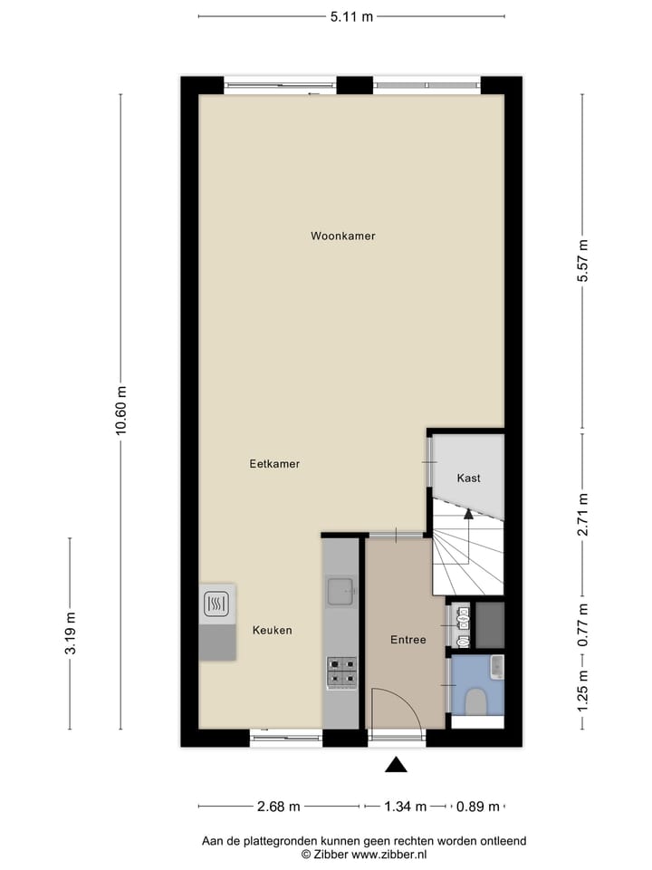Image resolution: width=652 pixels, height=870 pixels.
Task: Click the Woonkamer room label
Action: coord(342,236)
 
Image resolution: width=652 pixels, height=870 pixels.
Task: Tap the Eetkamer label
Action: coord(274,463)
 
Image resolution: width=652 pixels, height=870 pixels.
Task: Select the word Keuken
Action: coord(272,630)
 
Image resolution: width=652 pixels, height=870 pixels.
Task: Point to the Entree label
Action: coord(407,640)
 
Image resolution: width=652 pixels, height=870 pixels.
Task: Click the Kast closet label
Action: coord(468,478)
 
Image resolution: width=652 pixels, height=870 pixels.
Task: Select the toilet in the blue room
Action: coord(475,701)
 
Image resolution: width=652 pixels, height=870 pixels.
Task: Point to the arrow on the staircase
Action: coord(468,515)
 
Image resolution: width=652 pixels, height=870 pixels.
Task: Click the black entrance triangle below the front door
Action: coord(396,765)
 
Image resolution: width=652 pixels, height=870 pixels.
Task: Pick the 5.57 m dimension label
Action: coord(584,261)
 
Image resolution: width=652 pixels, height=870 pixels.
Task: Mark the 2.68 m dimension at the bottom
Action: coord(279,806)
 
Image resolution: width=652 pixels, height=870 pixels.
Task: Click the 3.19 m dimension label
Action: coord(71,633)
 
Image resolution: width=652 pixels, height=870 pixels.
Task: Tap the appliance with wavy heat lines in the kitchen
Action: coord(216,604)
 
